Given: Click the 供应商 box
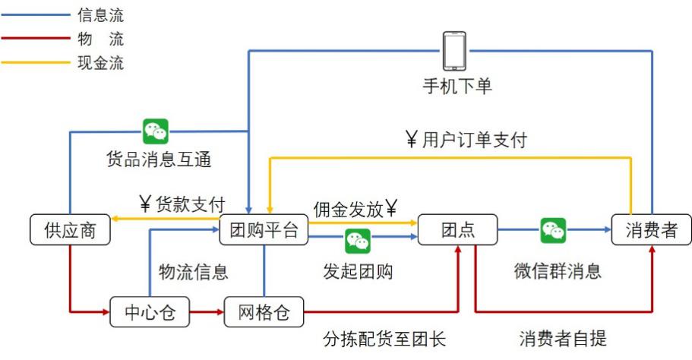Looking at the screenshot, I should pos(70,230).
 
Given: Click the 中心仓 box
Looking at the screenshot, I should pos(149,311).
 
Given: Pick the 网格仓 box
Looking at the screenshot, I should pos(264,311).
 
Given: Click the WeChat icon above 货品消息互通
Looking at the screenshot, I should pos(156,131).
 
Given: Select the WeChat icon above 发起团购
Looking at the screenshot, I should pos(357,242).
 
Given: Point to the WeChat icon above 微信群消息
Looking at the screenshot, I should pos(553,230).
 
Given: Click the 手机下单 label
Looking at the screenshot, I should pos(457,86).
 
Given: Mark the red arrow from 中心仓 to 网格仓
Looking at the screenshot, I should pos(206,311).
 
